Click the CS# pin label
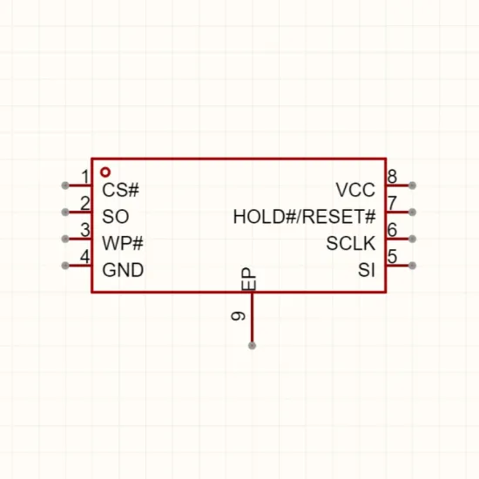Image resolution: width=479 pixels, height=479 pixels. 120,190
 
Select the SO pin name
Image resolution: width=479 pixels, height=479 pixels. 116,216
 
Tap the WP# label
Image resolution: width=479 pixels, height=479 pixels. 123,243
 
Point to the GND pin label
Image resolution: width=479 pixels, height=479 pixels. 123,270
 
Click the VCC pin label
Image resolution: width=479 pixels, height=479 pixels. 355,190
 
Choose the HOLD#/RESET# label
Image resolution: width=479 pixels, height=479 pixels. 304,217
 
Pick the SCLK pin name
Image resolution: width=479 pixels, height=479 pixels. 351,243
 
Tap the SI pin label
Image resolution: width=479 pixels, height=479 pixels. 367,270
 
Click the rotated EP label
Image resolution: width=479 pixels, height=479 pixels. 249,279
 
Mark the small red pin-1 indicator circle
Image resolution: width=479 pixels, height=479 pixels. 105,172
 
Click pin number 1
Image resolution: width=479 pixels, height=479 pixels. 85,177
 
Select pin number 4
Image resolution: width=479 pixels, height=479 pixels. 85,257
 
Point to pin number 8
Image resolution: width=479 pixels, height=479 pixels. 392,177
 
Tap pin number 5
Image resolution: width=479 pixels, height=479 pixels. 392,257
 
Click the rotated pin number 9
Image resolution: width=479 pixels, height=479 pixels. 239,316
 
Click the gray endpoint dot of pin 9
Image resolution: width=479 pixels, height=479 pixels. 252,346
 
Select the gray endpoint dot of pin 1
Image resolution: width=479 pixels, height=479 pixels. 65,186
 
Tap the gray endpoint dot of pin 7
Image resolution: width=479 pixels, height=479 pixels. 412,212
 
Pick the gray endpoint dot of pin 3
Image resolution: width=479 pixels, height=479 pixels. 65,239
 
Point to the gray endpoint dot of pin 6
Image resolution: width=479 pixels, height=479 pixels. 412,239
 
